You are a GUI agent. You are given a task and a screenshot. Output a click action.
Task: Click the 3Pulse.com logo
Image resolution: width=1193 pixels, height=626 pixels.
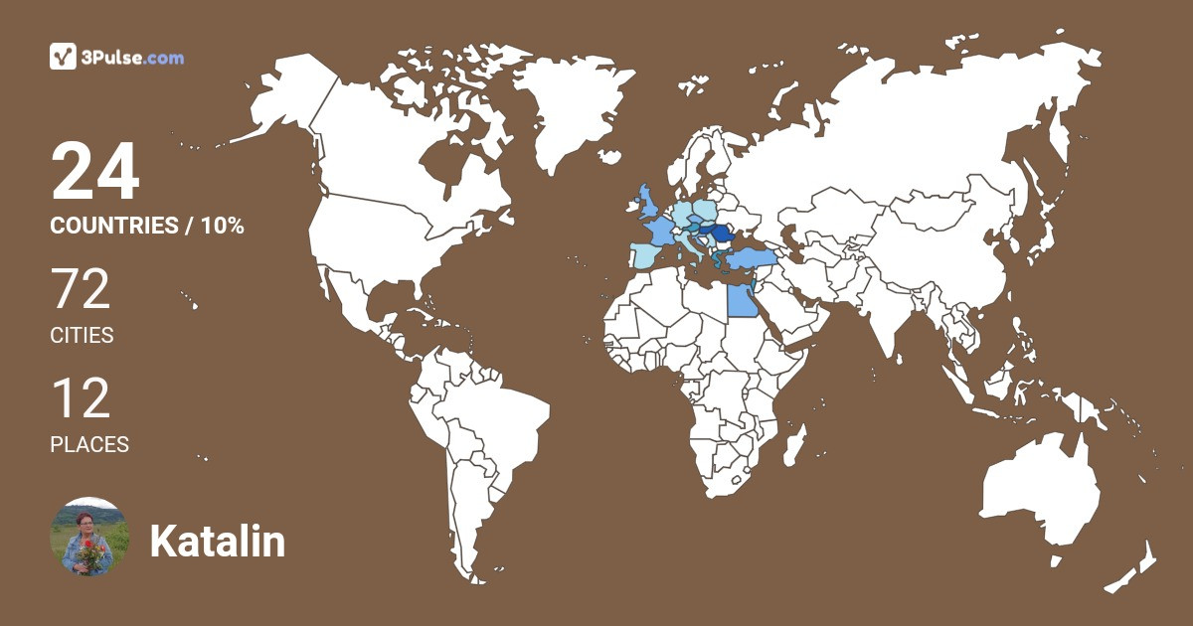click(116, 57)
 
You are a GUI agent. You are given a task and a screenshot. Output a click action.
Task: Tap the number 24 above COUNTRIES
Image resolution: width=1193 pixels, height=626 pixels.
click(95, 172)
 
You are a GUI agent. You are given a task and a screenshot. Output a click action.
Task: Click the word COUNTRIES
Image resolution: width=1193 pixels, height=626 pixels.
click(113, 226)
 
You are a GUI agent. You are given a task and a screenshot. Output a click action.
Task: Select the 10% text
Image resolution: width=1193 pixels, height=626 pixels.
click(222, 226)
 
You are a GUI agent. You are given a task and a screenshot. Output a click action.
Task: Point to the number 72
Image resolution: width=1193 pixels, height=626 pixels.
click(81, 290)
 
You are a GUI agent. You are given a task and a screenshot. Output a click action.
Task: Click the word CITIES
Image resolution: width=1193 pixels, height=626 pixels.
click(82, 336)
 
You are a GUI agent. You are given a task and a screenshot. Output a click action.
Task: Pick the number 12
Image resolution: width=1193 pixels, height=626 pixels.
click(81, 399)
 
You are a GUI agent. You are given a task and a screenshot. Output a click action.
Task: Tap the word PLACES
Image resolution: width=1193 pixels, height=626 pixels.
click(89, 445)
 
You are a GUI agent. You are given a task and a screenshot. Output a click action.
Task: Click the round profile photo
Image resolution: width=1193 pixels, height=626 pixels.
click(89, 537)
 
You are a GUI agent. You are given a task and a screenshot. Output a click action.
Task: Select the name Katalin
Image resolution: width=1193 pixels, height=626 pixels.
click(218, 542)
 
